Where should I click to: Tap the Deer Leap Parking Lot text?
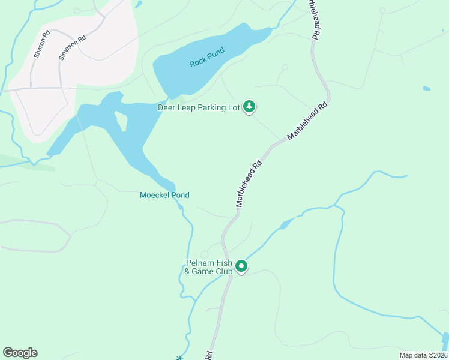pyautogui.click(x=198, y=108)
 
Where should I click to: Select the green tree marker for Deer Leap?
pyautogui.click(x=250, y=107)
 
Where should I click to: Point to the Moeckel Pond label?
pyautogui.click(x=164, y=195)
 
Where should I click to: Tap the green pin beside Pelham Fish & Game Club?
pyautogui.click(x=241, y=266)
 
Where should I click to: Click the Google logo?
pyautogui.click(x=20, y=353)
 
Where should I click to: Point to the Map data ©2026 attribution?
pyautogui.click(x=423, y=355)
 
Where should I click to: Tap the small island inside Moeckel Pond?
pyautogui.click(x=122, y=122)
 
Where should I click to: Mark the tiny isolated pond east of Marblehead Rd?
pyautogui.click(x=426, y=89)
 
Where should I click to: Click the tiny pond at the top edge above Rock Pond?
pyautogui.click(x=139, y=4)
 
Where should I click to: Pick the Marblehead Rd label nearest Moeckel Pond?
pyautogui.click(x=249, y=183)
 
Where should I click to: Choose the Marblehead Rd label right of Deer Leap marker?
pyautogui.click(x=309, y=120)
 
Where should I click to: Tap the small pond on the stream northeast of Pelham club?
pyautogui.click(x=286, y=224)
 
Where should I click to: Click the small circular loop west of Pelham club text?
pyautogui.click(x=204, y=254)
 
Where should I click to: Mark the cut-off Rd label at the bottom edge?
pyautogui.click(x=209, y=355)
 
